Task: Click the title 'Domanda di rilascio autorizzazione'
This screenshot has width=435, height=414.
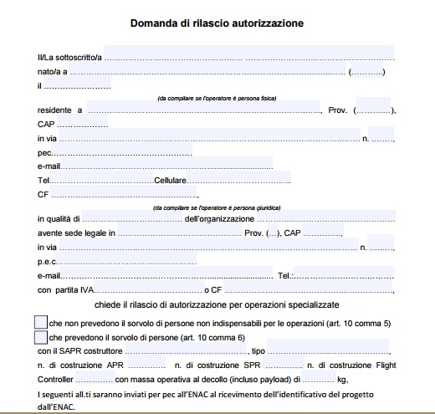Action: point(216,23)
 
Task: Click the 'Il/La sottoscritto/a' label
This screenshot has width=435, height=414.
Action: point(69,57)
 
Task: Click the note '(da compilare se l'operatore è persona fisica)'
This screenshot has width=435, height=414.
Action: point(217,98)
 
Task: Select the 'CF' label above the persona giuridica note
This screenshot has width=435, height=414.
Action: point(43,194)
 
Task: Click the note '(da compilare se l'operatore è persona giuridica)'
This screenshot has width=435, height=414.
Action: point(217,207)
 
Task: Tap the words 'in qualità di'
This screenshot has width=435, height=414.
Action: point(59,219)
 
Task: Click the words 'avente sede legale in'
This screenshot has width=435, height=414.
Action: point(76,233)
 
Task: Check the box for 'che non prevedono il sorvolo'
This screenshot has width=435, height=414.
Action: point(41,322)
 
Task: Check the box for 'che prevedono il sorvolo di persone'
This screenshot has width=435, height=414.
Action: point(41,337)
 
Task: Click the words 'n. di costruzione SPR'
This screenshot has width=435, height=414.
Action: point(204,365)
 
